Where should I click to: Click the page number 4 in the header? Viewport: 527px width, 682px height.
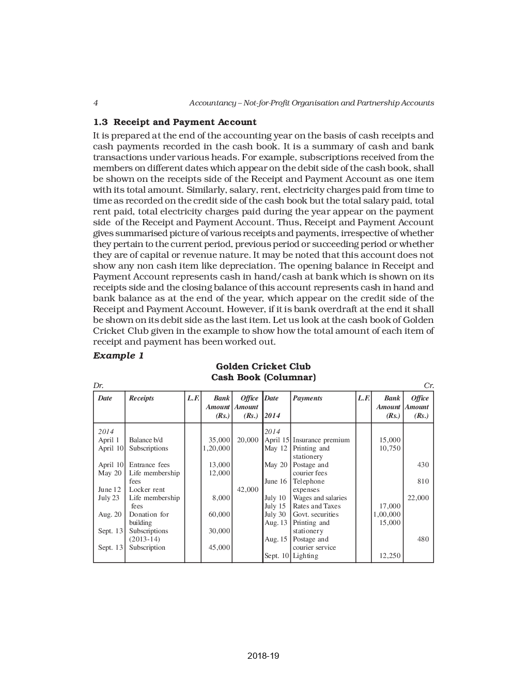[x=96, y=103]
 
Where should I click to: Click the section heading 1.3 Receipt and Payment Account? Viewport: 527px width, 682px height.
[x=174, y=122]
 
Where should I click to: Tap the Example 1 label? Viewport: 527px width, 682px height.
[x=118, y=355]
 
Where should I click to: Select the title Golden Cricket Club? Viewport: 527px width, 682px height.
[x=263, y=366]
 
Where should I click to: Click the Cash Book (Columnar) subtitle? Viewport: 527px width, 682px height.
[x=263, y=377]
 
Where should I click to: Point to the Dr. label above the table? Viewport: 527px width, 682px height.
[x=98, y=386]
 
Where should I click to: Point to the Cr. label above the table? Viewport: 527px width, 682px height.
[x=428, y=386]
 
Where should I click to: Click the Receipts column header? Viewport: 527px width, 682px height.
[x=141, y=398]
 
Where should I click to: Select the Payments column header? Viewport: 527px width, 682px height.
[x=307, y=398]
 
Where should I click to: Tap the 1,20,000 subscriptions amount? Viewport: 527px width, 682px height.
[x=216, y=448]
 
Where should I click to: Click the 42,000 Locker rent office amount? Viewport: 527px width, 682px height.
[x=247, y=490]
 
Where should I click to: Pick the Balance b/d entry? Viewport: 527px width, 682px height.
[x=146, y=440]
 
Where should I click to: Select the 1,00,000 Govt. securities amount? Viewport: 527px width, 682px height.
[x=386, y=515]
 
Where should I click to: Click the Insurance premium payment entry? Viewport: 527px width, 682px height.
[x=321, y=440]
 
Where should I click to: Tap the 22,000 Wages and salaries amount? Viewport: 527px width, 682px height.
[x=418, y=498]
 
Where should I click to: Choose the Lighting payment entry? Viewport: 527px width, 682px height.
[x=305, y=556]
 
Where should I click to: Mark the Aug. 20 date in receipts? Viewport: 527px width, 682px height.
[x=110, y=515]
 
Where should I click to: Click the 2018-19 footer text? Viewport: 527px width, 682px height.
[x=263, y=656]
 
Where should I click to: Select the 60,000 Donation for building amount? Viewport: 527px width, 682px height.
[x=219, y=515]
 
